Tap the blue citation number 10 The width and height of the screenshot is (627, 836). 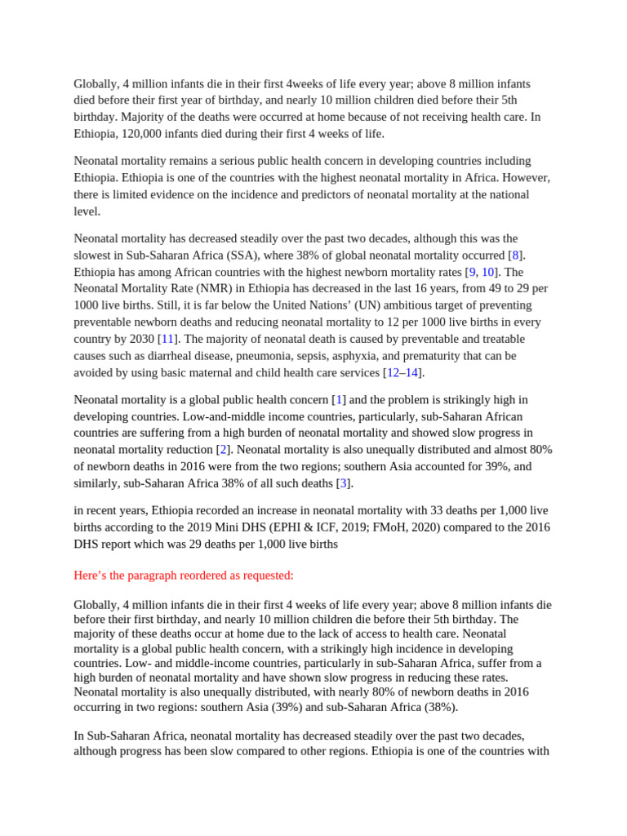pos(487,272)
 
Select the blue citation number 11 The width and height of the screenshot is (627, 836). pos(167,339)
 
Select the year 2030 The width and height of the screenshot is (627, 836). pos(140,339)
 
